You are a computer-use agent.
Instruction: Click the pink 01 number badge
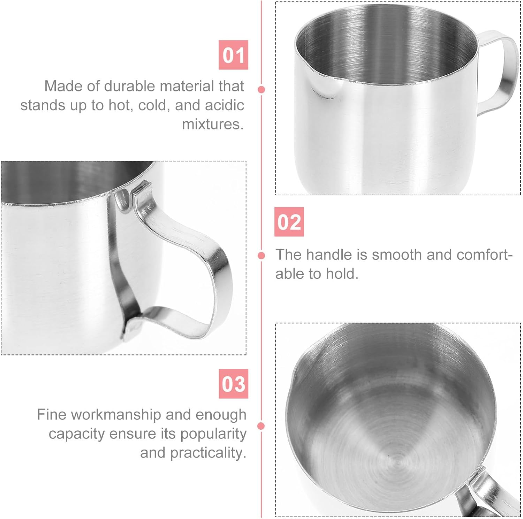coord(233,55)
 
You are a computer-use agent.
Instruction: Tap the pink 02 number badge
coord(289,222)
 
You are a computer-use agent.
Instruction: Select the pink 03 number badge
coord(233,384)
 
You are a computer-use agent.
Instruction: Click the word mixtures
coord(212,124)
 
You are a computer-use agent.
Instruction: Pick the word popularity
coord(213,434)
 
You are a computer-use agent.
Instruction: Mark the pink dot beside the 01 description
coord(261,90)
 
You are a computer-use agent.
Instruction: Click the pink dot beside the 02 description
coord(261,256)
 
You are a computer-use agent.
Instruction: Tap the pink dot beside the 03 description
coord(261,426)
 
